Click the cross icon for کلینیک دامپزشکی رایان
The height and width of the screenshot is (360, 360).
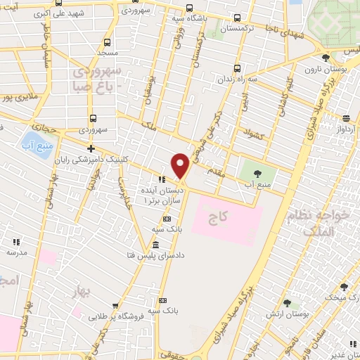91,148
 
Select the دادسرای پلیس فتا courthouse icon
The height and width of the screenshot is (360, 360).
156,245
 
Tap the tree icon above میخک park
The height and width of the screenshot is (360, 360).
344,287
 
